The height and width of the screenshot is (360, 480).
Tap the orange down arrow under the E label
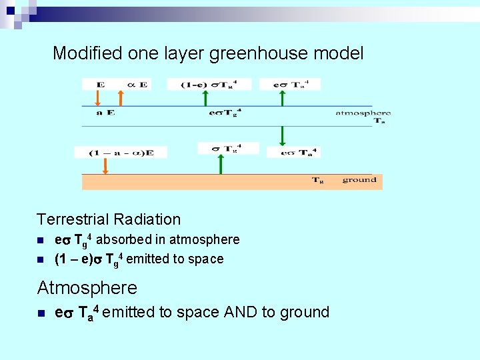(x=97, y=98)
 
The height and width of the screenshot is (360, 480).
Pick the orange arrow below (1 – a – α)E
(x=105, y=166)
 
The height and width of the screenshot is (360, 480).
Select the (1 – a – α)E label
(x=121, y=153)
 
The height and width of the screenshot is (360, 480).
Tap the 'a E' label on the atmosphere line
(x=105, y=113)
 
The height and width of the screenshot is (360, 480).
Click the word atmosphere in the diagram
(x=363, y=113)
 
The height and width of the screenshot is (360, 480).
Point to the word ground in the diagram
(x=359, y=180)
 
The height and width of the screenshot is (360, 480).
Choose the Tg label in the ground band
(x=318, y=180)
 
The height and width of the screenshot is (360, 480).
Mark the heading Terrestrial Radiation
(x=109, y=219)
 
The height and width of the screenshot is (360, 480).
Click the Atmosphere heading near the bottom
(x=87, y=288)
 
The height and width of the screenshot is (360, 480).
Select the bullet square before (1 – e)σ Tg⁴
(x=40, y=259)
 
